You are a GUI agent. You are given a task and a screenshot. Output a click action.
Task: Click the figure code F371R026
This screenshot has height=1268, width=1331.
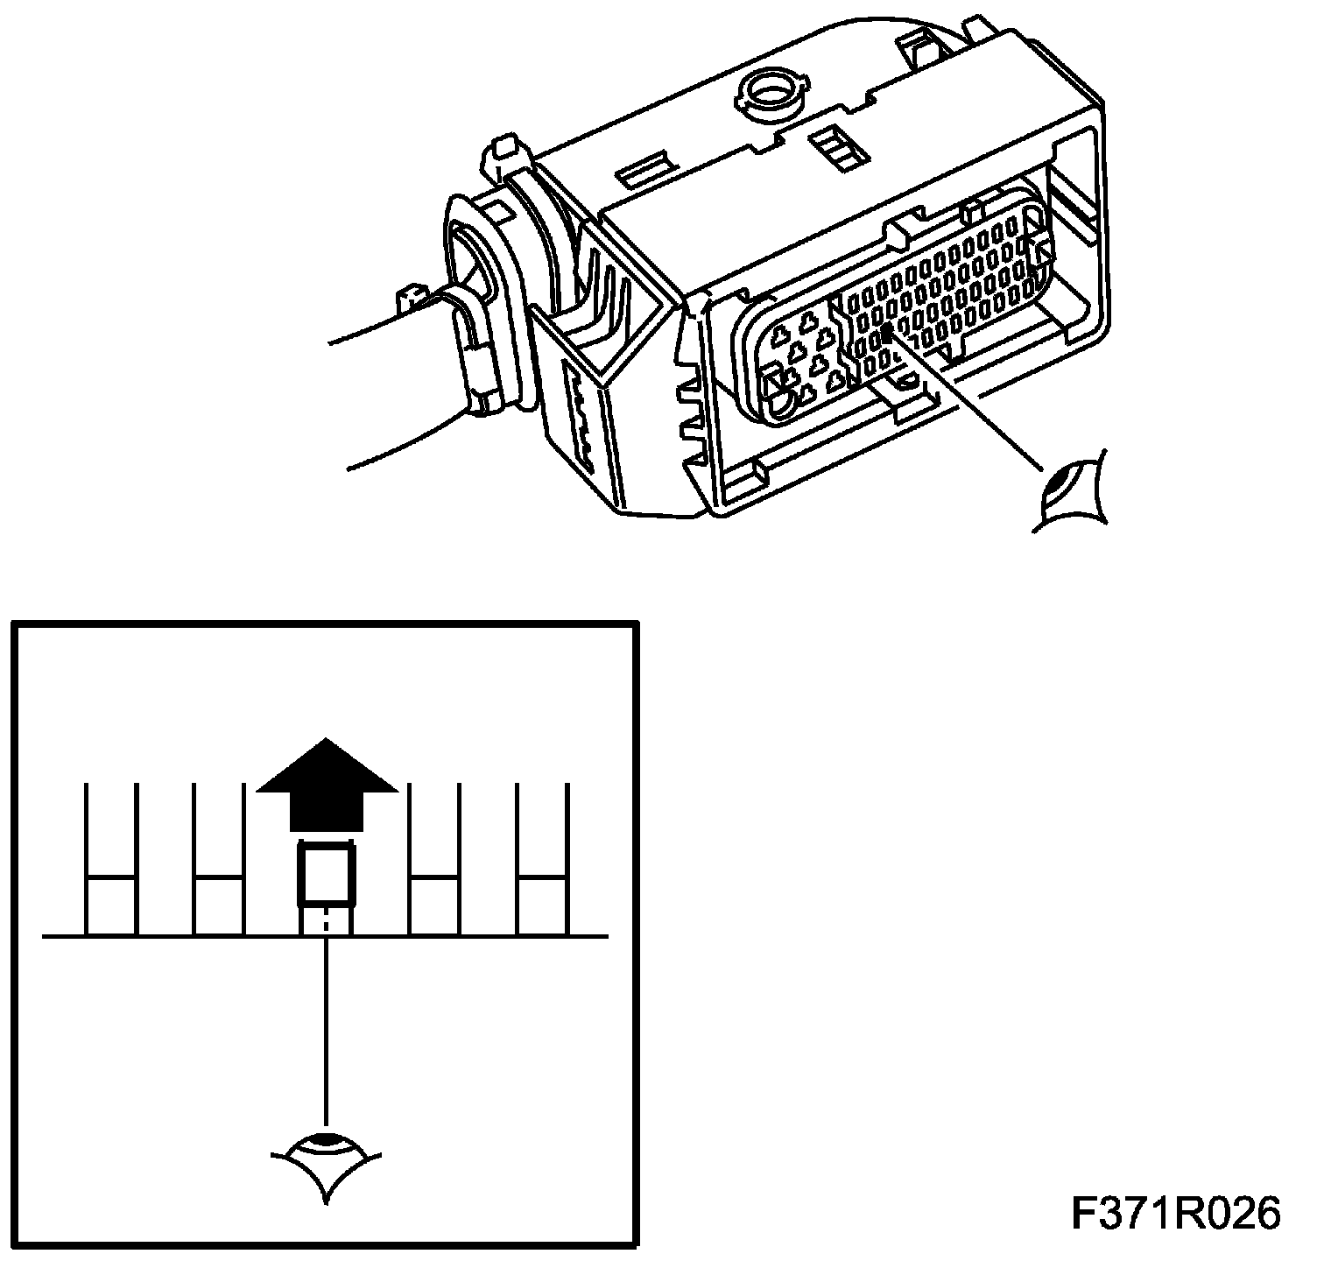pyautogui.click(x=1175, y=1214)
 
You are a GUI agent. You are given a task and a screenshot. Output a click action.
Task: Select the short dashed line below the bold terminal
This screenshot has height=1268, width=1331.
pyautogui.click(x=326, y=921)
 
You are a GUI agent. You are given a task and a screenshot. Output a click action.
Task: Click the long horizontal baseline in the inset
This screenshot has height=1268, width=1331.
pyautogui.click(x=175, y=937)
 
